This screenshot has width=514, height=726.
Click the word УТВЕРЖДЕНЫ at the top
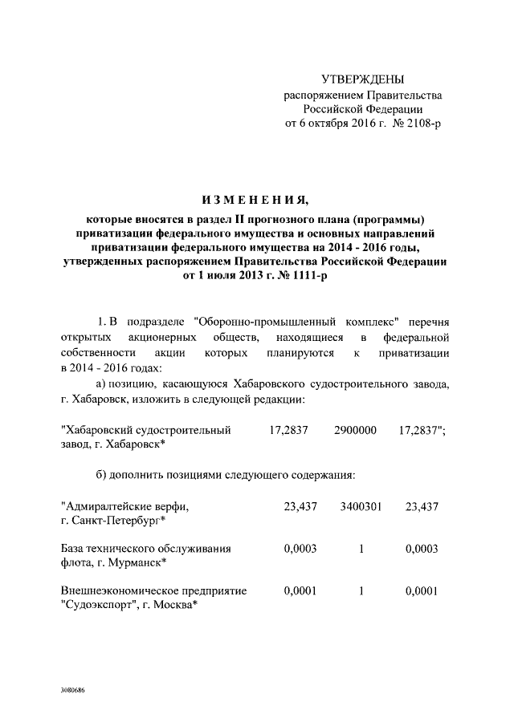coord(362,79)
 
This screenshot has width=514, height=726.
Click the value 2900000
coord(356,430)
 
